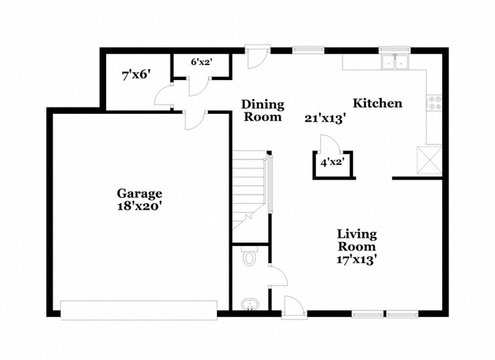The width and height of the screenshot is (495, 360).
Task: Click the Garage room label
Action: pos(139,193)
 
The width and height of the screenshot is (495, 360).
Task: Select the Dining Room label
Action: pos(263,110)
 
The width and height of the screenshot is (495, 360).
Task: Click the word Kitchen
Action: pos(378,103)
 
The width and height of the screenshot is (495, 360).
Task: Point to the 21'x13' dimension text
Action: pos(325,119)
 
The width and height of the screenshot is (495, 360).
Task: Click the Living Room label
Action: pos(356,240)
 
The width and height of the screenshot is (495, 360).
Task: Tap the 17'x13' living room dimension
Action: pos(356,260)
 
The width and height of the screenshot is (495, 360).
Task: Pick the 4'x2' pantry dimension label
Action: pos(331,163)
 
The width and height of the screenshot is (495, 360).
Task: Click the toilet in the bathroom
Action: pos(249,257)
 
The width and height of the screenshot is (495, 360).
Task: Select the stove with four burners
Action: pos(434,103)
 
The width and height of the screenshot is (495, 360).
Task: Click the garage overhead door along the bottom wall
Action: pos(139,310)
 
